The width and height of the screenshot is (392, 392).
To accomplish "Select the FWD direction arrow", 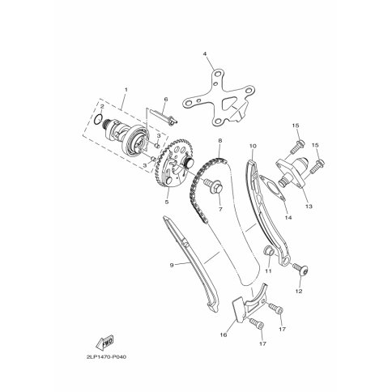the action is [104, 343].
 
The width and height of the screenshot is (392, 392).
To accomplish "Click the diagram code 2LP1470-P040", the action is [106, 357].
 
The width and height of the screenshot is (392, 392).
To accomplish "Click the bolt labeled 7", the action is [214, 185].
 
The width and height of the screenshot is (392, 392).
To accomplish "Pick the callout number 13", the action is [309, 207].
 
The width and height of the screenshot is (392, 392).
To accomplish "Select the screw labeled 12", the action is [300, 268].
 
